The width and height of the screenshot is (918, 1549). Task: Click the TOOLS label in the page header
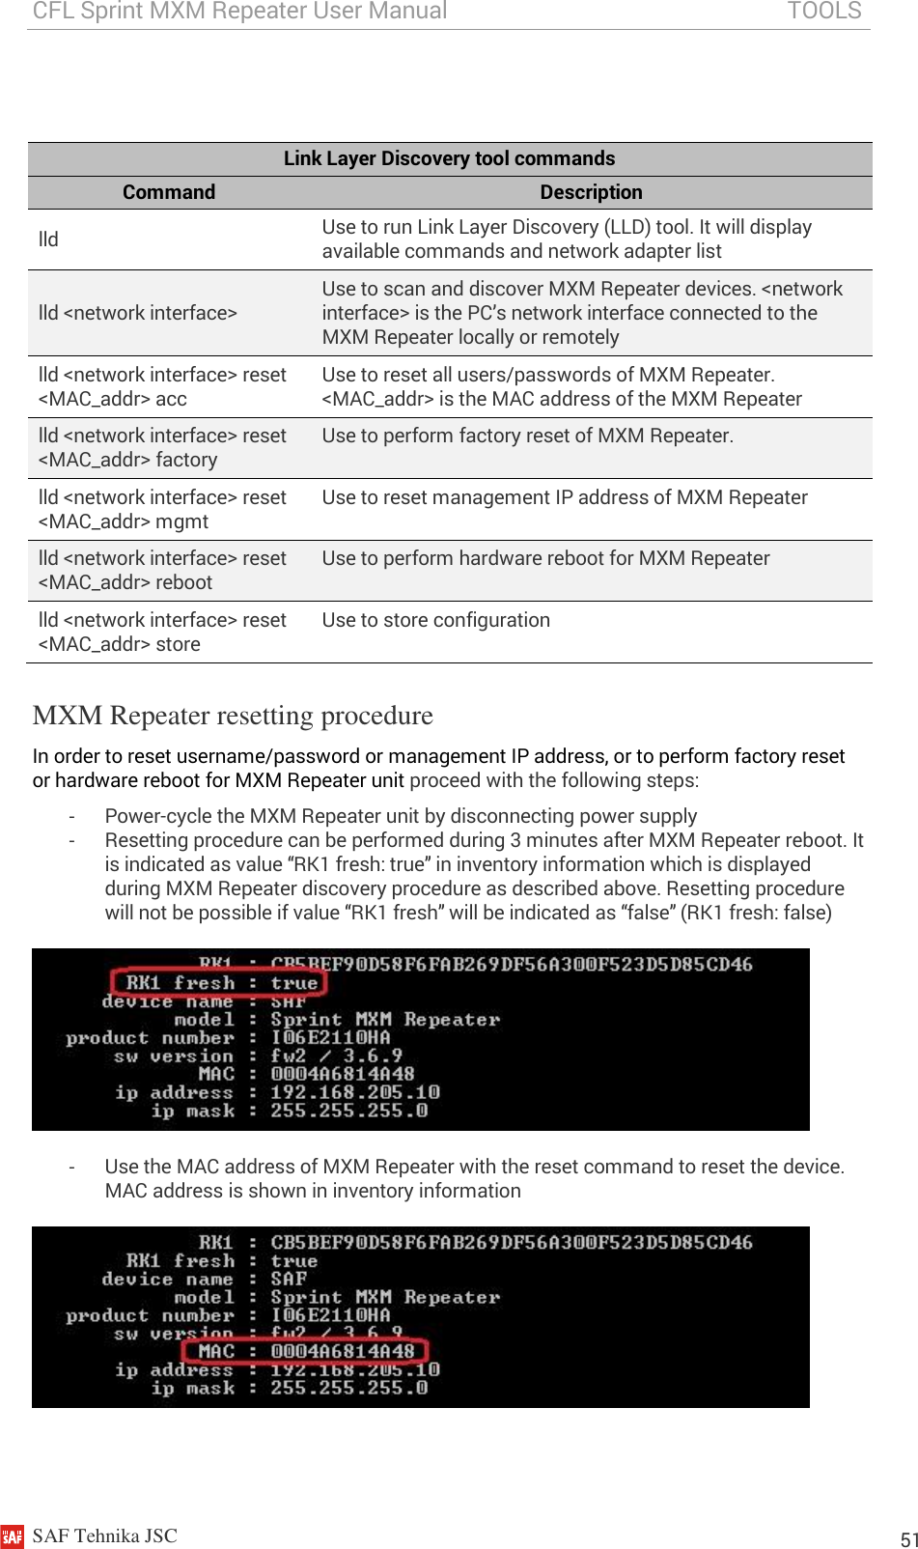pyautogui.click(x=823, y=12)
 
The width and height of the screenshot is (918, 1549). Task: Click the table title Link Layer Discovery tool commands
pyautogui.click(x=449, y=158)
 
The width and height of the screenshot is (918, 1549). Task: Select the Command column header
pyautogui.click(x=169, y=192)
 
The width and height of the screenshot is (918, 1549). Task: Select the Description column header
pyautogui.click(x=591, y=192)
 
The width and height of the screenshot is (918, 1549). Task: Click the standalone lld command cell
pyautogui.click(x=48, y=239)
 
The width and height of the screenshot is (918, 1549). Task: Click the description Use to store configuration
pyautogui.click(x=436, y=620)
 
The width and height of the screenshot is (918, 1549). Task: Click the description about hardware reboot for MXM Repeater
pyautogui.click(x=545, y=558)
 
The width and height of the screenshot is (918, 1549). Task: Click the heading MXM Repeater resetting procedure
pyautogui.click(x=233, y=716)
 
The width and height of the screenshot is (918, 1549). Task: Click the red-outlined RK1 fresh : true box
pyautogui.click(x=219, y=983)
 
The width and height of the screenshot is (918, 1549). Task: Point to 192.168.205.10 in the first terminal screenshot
pyautogui.click(x=354, y=1092)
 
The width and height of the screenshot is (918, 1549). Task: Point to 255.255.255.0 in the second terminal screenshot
pyautogui.click(x=348, y=1388)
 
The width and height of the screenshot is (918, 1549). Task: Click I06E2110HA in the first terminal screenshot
pyautogui.click(x=330, y=1038)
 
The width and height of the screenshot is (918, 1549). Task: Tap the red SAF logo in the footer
pyautogui.click(x=12, y=1535)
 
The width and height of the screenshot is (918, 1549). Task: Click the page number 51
pyautogui.click(x=907, y=1539)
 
